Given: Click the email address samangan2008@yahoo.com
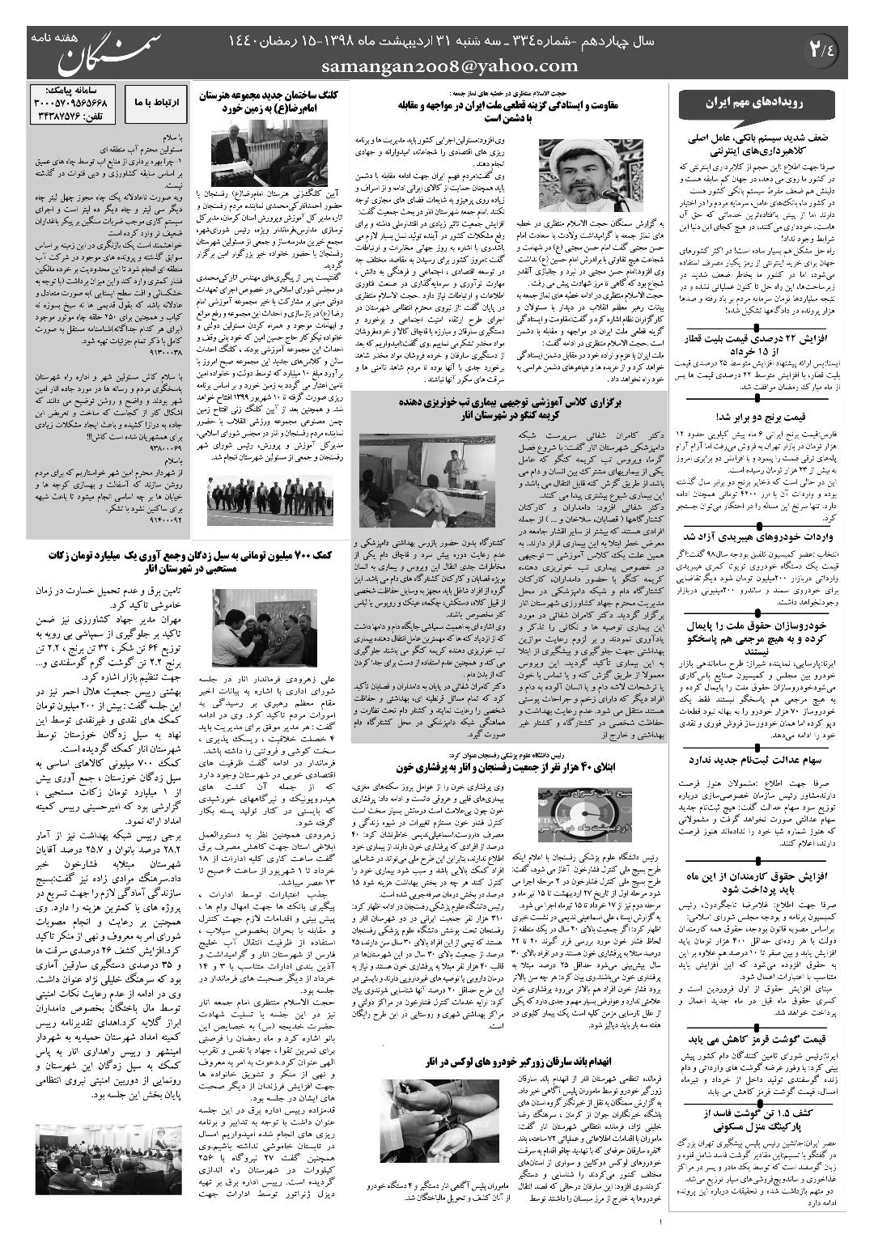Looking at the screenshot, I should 450,66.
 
